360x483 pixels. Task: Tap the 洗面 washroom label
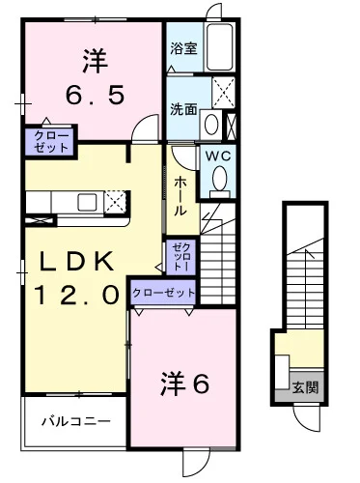point(184,109)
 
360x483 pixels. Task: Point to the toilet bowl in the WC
point(219,180)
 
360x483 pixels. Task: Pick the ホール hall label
point(181,196)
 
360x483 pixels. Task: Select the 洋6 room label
point(184,384)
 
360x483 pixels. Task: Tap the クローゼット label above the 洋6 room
point(163,292)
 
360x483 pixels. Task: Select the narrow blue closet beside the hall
point(180,256)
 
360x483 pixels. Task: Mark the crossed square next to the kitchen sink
point(115,201)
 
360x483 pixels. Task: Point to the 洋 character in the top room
point(93,61)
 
